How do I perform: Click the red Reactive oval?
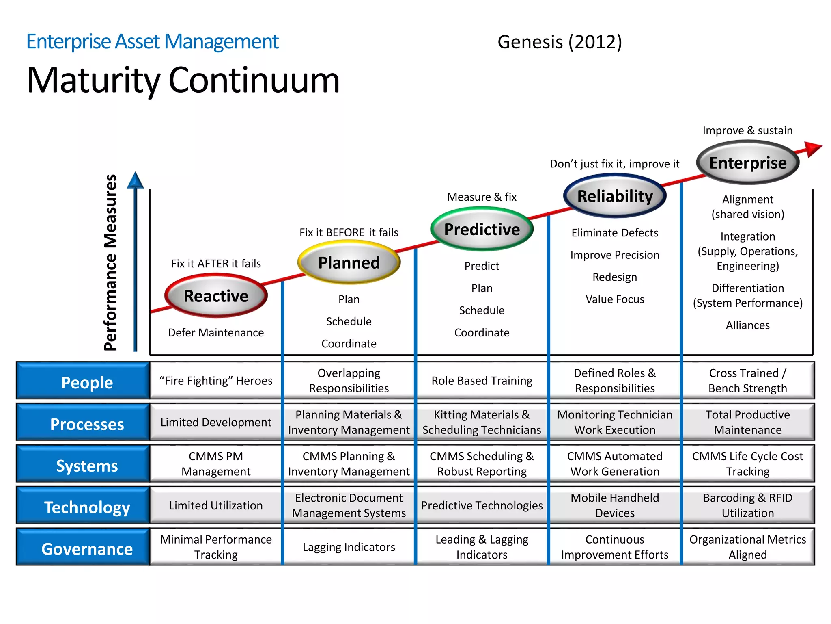pos(216,296)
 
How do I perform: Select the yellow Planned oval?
pos(349,262)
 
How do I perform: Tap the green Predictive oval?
pos(482,229)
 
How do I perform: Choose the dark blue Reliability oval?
pos(615,196)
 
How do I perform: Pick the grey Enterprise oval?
pos(748,162)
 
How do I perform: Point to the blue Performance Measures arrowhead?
pos(135,180)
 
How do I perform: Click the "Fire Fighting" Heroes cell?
pos(216,381)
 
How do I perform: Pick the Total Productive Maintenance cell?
pos(748,422)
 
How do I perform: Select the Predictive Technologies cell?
pos(482,505)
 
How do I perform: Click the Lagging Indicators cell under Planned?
pos(349,547)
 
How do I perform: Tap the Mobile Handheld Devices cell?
pos(615,505)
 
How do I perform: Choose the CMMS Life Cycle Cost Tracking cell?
pos(748,464)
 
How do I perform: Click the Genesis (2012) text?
pos(560,42)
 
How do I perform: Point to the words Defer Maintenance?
pos(216,332)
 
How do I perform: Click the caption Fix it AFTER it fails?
pos(216,264)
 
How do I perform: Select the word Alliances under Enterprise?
pos(748,325)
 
